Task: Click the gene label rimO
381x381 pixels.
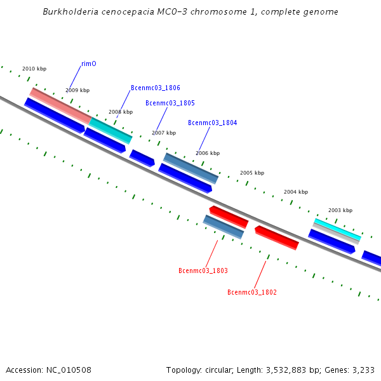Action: coord(89,63)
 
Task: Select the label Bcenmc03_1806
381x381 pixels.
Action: coord(156,88)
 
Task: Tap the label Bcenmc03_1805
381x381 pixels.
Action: coord(170,103)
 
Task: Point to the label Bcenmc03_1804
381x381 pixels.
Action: coord(213,123)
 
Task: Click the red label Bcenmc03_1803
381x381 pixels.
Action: coord(203,271)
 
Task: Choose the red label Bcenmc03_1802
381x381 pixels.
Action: coord(252,292)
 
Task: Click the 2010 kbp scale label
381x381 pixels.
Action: coord(34,69)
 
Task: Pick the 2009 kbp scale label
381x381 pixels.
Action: coord(77,90)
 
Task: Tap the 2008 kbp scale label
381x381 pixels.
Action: coord(121,112)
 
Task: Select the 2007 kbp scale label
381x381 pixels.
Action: coord(164,133)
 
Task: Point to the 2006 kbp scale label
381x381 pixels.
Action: coord(208,153)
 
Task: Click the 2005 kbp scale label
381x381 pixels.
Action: coord(252,173)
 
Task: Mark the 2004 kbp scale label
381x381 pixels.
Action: coord(296,192)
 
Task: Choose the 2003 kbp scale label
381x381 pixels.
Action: coord(340,210)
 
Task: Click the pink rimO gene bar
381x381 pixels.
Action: coord(60,105)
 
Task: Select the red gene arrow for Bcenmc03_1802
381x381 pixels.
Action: coord(277,237)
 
